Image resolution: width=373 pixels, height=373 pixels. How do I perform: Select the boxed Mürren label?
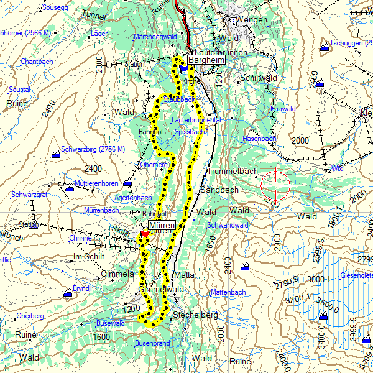162,224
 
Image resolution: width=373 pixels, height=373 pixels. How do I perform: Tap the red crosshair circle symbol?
275,183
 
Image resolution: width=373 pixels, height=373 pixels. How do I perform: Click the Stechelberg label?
196,316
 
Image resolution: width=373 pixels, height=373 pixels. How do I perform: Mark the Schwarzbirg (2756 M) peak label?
93,150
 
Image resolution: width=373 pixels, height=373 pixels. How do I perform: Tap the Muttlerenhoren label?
96,184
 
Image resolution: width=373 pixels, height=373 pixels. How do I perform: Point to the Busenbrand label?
152,343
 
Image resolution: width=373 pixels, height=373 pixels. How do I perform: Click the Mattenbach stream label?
228,292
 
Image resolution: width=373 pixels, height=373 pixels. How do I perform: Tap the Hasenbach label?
258,139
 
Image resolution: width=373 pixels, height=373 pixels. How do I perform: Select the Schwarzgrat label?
30,195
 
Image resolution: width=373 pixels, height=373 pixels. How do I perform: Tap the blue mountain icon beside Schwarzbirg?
57,151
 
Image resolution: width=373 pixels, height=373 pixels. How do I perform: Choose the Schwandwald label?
228,224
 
